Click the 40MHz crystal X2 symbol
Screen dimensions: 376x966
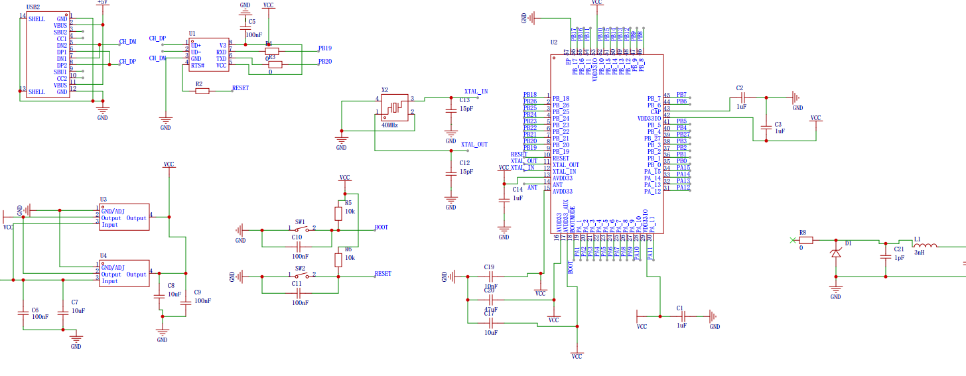pos(395,107)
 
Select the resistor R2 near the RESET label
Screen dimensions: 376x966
pos(202,91)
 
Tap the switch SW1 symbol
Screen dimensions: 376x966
pos(301,230)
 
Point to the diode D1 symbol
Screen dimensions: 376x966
pos(835,252)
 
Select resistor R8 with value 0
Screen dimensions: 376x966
pos(805,240)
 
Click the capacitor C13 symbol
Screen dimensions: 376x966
pos(451,111)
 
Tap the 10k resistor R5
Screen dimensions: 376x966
pos(339,212)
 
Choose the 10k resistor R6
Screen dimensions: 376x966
pos(339,258)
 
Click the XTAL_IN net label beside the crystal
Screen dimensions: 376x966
pos(476,92)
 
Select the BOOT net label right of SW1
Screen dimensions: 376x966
pos(381,227)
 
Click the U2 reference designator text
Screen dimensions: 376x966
pos(554,42)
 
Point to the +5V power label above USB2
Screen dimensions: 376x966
pos(103,3)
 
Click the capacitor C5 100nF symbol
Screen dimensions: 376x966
pos(245,29)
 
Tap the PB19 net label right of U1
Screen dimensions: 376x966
pos(325,48)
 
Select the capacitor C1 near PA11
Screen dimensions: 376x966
pos(680,316)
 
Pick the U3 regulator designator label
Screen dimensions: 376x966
pos(103,199)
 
